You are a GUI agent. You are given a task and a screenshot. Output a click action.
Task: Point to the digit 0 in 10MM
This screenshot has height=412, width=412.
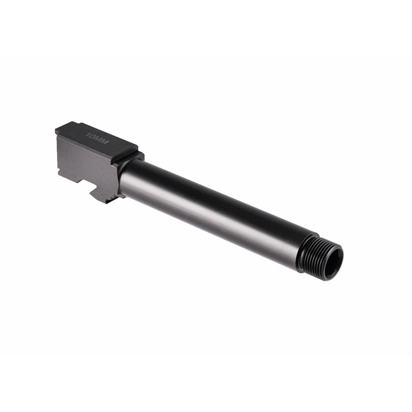click(92, 136)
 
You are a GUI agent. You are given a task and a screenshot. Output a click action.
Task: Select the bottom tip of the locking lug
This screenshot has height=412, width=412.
click(106, 201)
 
